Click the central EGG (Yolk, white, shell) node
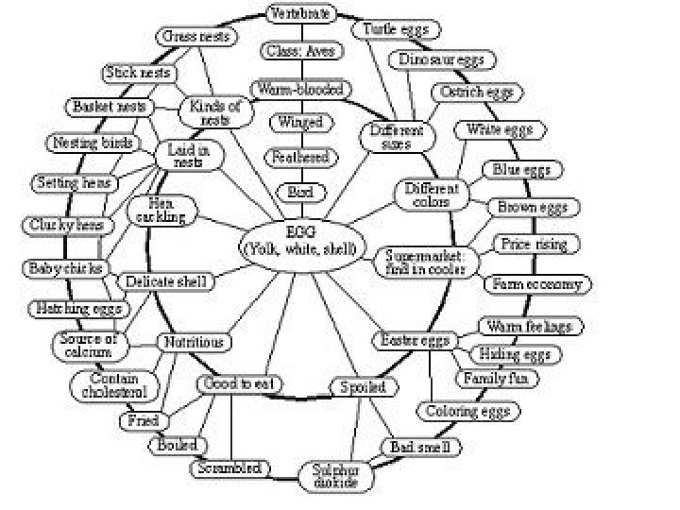pos(297,240)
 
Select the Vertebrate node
pos(299,14)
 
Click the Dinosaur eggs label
pos(441,60)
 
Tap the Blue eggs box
pos(521,170)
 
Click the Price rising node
pos(535,245)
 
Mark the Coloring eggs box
pos(467,412)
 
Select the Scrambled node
pos(229,468)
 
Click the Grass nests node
pos(193,37)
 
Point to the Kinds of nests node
pos(215,113)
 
